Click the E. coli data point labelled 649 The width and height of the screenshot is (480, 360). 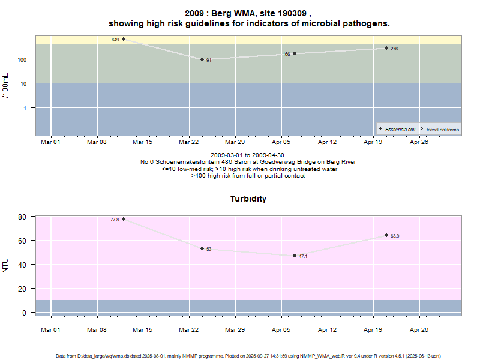tap(124, 39)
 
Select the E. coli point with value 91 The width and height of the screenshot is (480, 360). tap(202, 59)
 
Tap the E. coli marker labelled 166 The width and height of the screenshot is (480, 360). tap(295, 53)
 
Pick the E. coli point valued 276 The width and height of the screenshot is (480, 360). tap(386, 48)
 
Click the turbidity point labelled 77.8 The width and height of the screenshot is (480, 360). tap(124, 219)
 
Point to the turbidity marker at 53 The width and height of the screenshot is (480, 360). tap(202, 248)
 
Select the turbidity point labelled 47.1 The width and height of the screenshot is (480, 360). tap(295, 256)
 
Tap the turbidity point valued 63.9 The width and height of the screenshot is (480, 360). tap(386, 235)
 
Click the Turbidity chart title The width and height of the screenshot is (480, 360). tap(248, 199)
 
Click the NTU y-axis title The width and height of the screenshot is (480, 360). tap(6, 265)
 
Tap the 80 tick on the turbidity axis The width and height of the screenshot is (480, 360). tap(24, 217)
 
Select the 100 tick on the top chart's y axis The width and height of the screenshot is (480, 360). tap(23, 59)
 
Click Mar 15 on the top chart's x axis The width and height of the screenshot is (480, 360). tap(143, 142)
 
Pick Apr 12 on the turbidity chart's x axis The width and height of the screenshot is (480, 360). tap(327, 329)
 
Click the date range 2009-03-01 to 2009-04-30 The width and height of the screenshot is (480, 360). tap(248, 155)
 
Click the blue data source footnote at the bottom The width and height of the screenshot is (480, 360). tap(248, 356)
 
